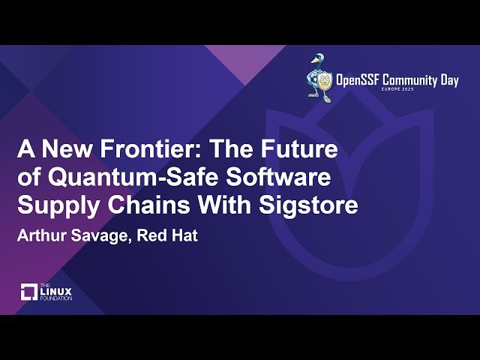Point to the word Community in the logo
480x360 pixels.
click(x=416, y=80)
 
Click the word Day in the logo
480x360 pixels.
click(x=448, y=80)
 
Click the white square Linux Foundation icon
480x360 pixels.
click(x=28, y=292)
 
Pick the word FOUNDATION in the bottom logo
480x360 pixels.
click(x=57, y=298)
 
